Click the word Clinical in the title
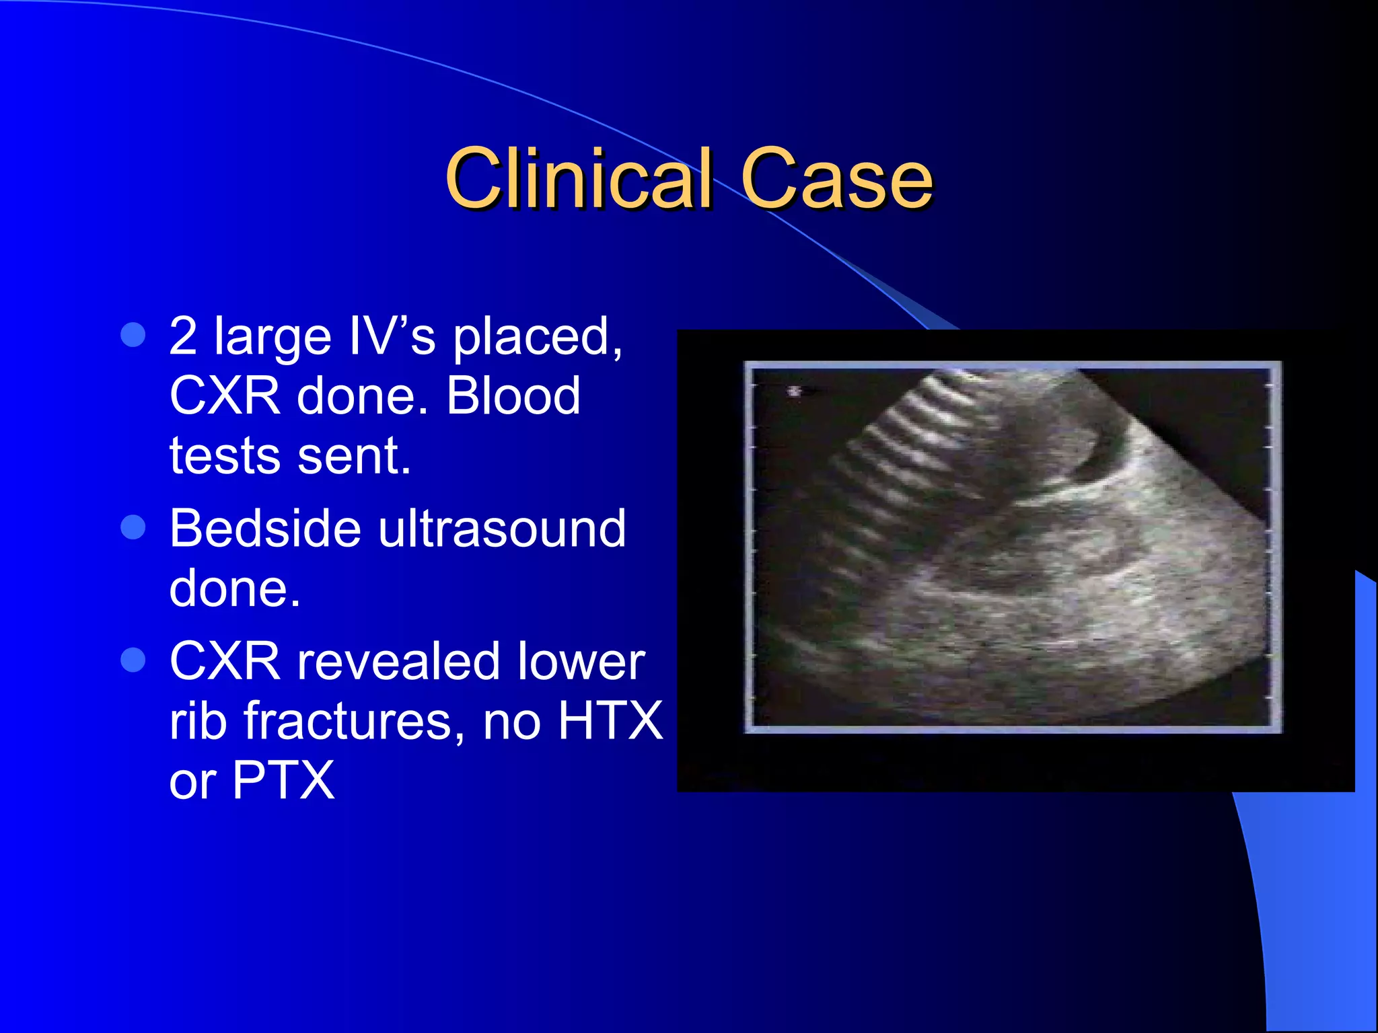579,178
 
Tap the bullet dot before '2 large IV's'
133,334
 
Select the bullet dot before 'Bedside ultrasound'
133,527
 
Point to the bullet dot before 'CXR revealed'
133,660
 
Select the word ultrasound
502,528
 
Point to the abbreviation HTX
611,721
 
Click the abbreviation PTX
283,780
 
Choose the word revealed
399,661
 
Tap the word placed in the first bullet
537,336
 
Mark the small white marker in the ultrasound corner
795,391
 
